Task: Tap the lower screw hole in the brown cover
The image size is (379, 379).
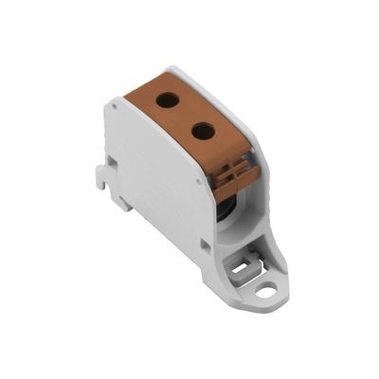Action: click(202, 130)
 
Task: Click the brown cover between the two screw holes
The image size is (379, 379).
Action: click(186, 114)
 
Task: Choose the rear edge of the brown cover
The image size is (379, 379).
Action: click(142, 85)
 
